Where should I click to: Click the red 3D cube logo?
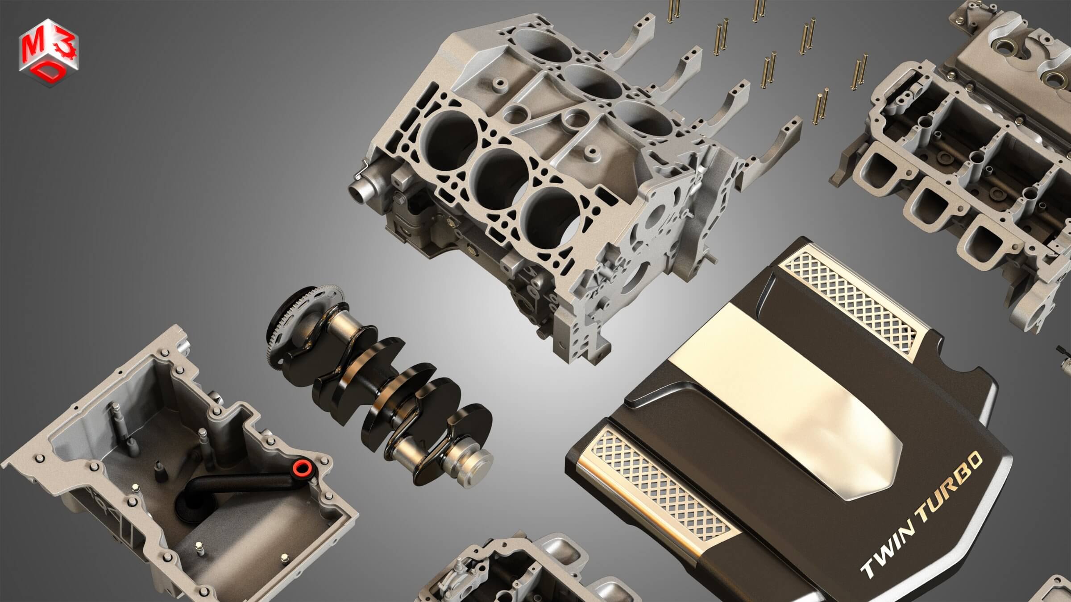[48, 54]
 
